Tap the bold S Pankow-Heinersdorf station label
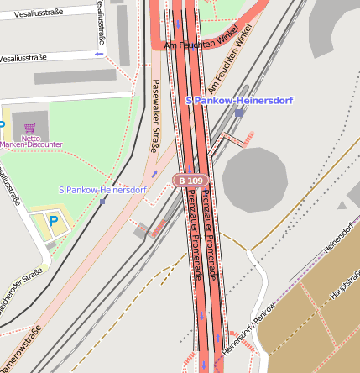click(238, 101)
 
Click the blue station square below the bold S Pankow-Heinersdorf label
click(239, 113)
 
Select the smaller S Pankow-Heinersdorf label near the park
click(102, 190)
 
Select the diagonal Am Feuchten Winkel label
click(230, 64)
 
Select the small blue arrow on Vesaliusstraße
click(99, 54)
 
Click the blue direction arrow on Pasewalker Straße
click(154, 174)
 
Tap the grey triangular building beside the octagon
click(342, 204)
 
